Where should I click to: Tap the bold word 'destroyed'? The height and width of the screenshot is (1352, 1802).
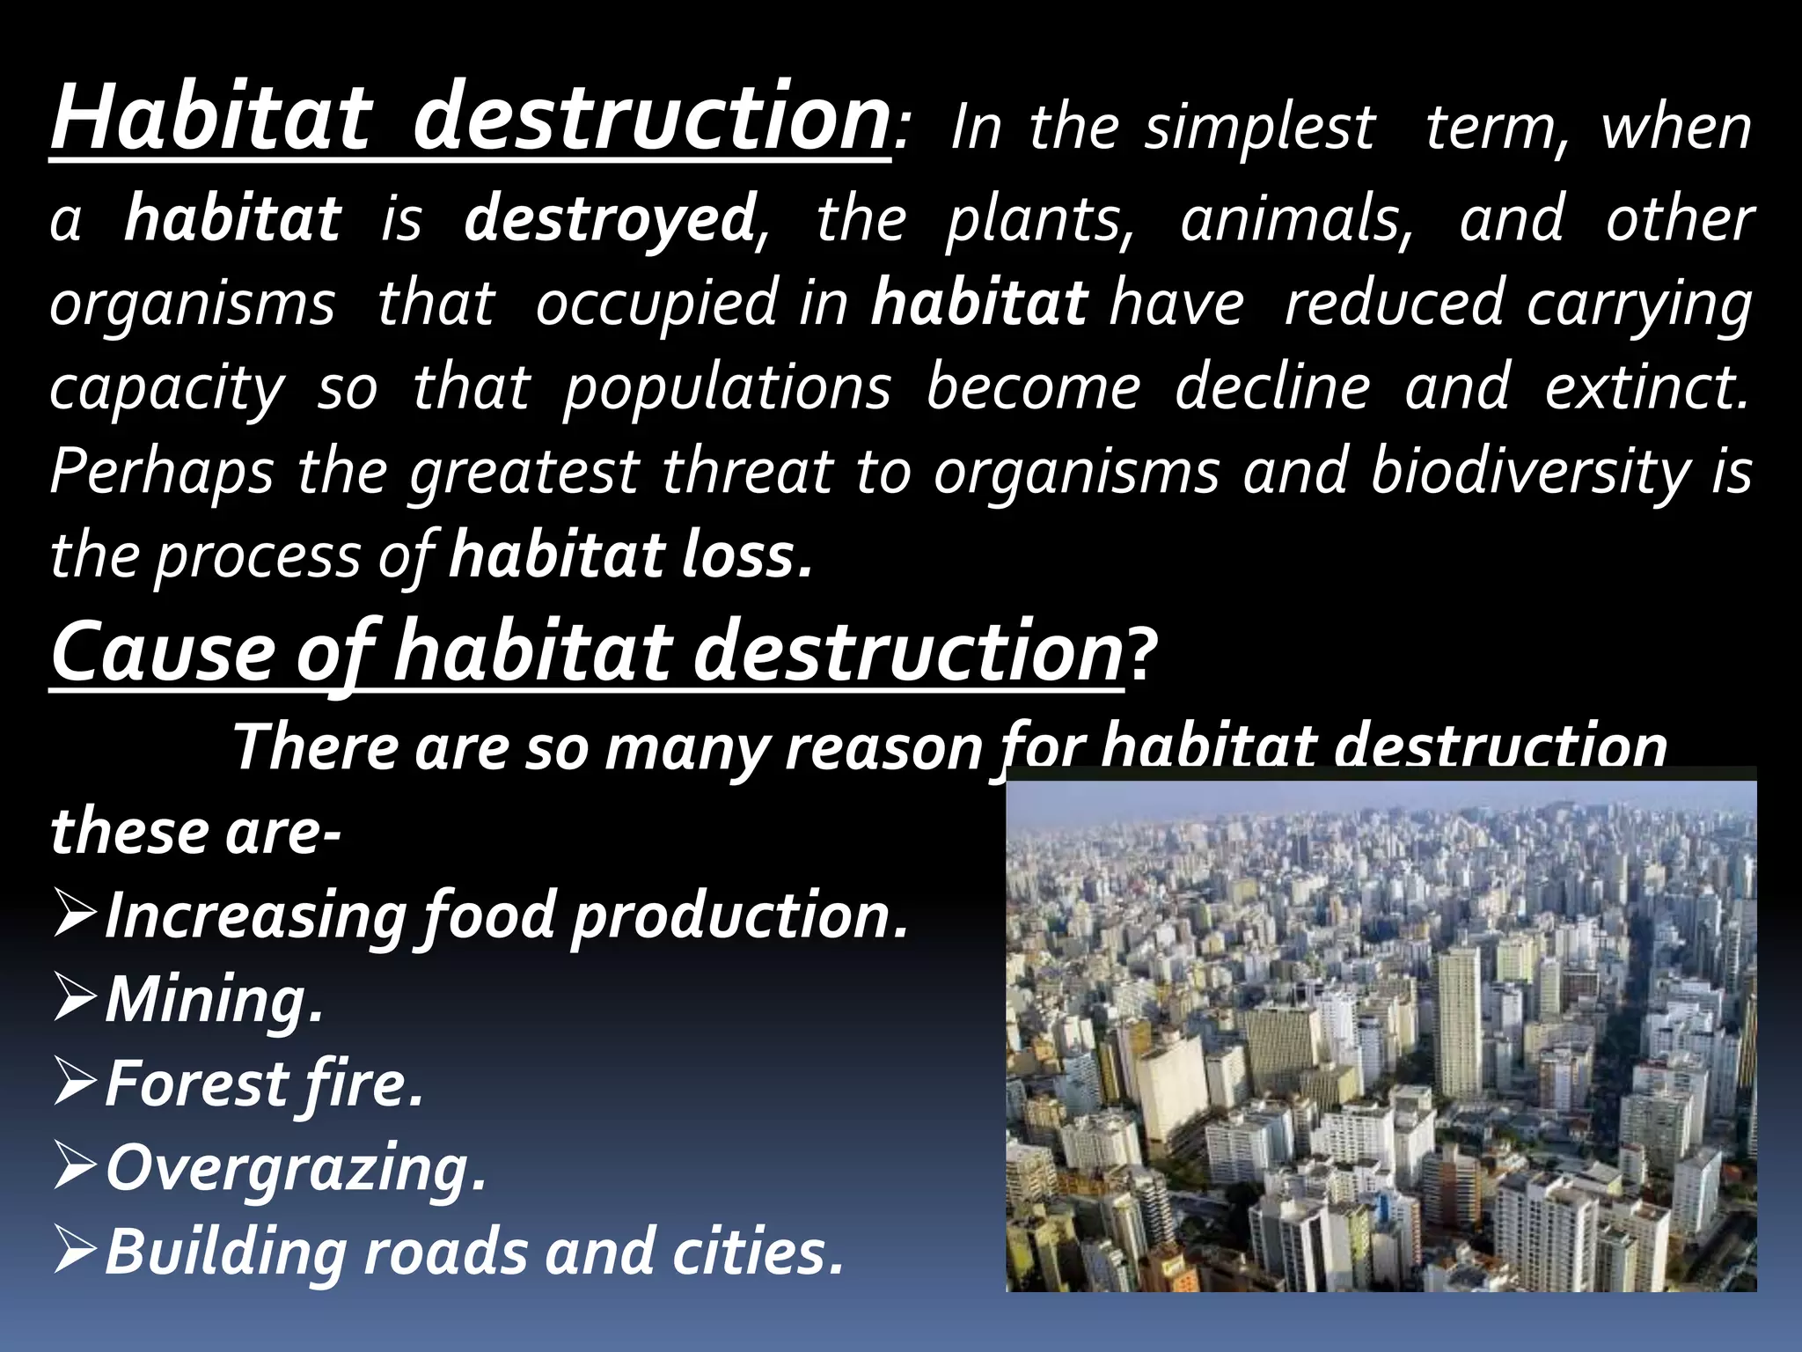coord(609,219)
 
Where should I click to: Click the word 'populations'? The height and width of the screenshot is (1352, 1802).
coord(727,387)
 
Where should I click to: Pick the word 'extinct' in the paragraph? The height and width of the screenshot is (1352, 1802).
coord(1645,387)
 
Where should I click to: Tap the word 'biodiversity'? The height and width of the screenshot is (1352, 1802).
coord(1530,472)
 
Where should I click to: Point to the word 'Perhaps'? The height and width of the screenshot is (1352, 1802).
coord(161,472)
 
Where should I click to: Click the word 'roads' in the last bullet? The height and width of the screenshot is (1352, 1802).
coord(443,1252)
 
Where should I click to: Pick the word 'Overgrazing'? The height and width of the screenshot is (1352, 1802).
coord(296,1169)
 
